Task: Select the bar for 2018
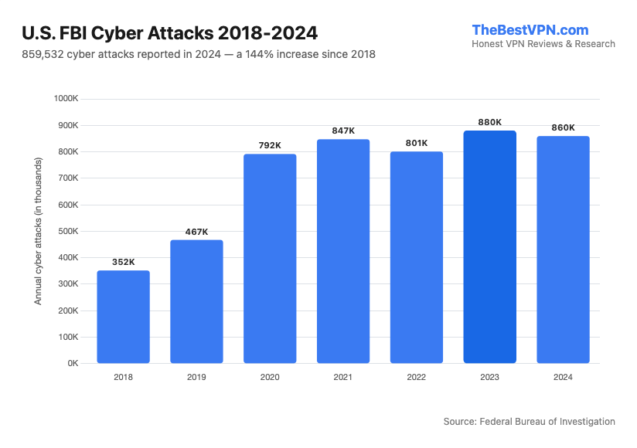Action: [x=123, y=317]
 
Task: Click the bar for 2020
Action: [x=270, y=259]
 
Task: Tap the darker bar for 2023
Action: [x=489, y=247]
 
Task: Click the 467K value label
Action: [x=196, y=232]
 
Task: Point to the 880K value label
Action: [x=489, y=122]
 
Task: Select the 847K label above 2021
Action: [x=343, y=131]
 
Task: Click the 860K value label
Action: [x=563, y=127]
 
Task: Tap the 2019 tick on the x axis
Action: [x=196, y=377]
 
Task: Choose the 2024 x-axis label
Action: [x=563, y=377]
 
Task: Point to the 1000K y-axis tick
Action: [x=67, y=99]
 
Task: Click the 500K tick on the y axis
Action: [x=68, y=231]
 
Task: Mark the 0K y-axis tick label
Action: [x=73, y=363]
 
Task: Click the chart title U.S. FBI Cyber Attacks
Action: [x=169, y=33]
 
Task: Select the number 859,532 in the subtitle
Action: [x=45, y=55]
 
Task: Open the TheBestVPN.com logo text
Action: [x=530, y=30]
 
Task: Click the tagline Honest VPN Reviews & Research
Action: [x=543, y=44]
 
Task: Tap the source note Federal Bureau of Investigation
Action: [x=547, y=422]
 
